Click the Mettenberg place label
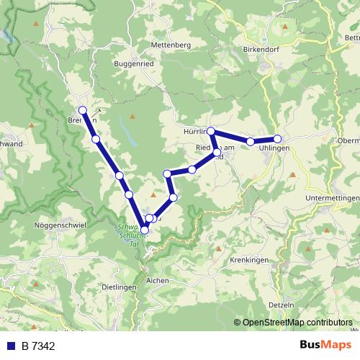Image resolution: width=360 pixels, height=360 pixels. pos(171,45)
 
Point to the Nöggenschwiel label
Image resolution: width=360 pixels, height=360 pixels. pos(60,225)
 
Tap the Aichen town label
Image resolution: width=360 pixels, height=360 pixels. pos(157,280)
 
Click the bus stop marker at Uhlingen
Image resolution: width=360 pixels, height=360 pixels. pos(277,139)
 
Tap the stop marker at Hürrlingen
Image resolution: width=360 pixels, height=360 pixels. pos(211,131)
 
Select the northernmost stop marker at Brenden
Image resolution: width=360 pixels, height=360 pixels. pos(83,110)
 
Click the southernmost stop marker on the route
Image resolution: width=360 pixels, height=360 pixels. pos(145,230)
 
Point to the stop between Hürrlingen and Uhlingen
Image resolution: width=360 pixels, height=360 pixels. pos(250,142)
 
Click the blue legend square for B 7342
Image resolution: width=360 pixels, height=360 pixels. pos(11,346)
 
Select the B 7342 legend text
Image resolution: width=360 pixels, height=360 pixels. pos(39,346)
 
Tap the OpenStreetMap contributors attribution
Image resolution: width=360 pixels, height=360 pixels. pos(295,323)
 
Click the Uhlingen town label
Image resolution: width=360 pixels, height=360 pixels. pos(274,148)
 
